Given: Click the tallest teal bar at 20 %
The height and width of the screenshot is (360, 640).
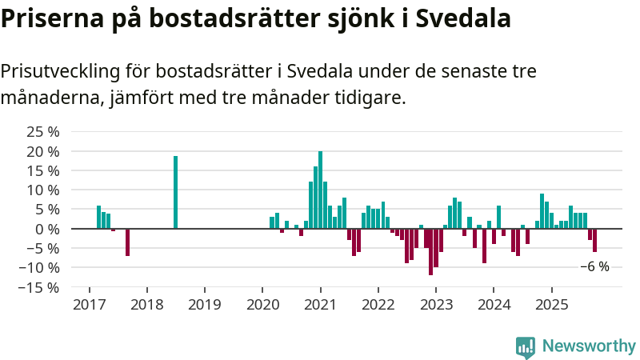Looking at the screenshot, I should [320, 190].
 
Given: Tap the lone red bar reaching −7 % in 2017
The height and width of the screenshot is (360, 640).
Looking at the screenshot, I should [127, 242].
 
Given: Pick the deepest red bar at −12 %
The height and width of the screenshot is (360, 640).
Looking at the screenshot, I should [430, 252].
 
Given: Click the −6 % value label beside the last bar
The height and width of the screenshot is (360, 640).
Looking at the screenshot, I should [594, 266].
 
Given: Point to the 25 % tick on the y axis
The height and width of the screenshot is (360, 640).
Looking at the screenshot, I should [43, 132].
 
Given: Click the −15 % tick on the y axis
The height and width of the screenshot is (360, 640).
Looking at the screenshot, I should [39, 287].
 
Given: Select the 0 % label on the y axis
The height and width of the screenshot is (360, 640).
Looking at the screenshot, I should [47, 229].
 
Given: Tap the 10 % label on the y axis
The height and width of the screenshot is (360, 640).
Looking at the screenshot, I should [43, 190].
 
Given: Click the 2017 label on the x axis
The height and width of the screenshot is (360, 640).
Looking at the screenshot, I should [89, 305].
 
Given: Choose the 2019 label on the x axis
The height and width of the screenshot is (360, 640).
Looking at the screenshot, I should [204, 305].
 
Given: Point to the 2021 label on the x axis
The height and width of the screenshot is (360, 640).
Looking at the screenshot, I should [320, 305].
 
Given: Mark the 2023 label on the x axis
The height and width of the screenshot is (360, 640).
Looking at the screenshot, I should [436, 305].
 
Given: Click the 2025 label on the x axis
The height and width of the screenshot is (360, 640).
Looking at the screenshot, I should [551, 305].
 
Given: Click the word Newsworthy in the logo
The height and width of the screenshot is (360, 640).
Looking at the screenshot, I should [589, 346].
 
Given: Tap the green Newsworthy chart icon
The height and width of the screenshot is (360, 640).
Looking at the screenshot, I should [526, 346].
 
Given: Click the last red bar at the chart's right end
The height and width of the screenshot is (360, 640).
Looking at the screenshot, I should [594, 240].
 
